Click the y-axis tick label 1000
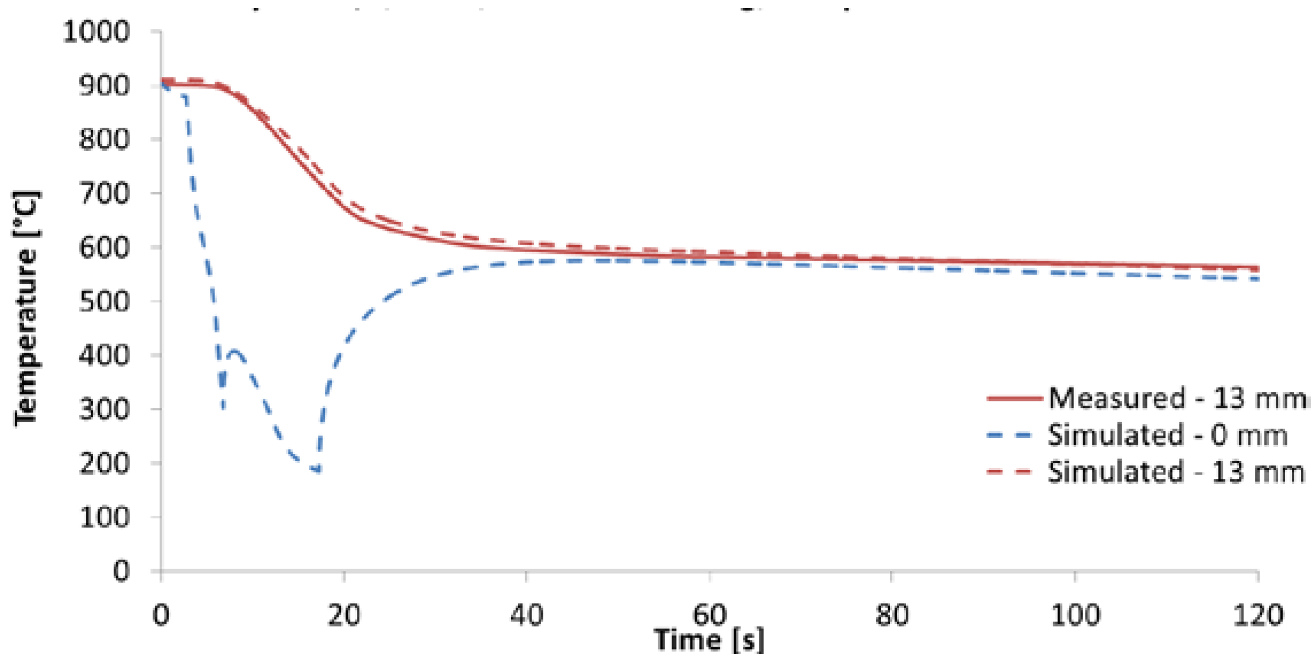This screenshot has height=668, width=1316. tap(96, 32)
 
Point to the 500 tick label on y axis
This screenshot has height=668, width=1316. tap(104, 301)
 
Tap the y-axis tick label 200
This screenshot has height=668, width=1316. tap(104, 463)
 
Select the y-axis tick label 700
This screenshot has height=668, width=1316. tap(104, 193)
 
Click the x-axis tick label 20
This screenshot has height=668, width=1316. tap(344, 614)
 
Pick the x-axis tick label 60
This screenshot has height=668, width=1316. tap(709, 614)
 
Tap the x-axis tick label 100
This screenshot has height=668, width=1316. tap(1075, 614)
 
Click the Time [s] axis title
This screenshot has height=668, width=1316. tap(709, 640)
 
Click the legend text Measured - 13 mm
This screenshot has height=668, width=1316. tap(1176, 398)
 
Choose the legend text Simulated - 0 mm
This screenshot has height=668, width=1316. tap(1167, 435)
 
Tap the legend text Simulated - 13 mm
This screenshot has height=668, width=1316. tap(1176, 472)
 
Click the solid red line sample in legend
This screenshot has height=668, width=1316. tap(1015, 398)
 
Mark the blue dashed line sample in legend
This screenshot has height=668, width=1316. tap(1015, 436)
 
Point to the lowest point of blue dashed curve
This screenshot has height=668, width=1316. tap(317, 471)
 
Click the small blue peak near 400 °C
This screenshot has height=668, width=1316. tap(235, 350)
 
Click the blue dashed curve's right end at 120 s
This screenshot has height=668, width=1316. tap(1257, 279)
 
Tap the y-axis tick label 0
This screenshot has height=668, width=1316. tap(121, 571)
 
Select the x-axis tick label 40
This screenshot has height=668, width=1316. tap(527, 614)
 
